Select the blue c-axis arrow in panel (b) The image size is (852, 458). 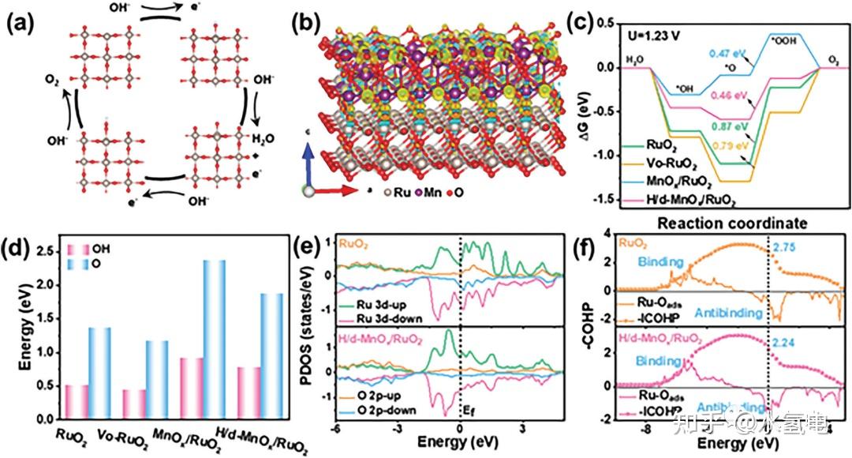[309, 161]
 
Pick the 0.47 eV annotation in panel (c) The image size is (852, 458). [689, 54]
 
